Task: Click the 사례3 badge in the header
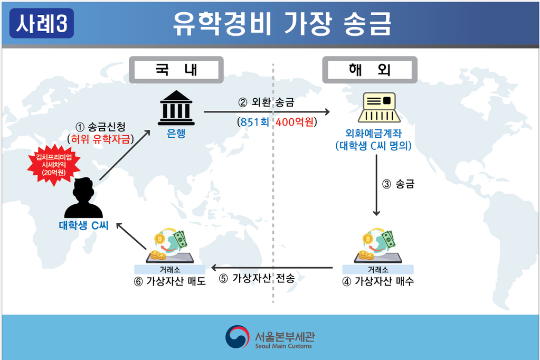[42, 23]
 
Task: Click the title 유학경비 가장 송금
[282, 23]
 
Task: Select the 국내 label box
[176, 70]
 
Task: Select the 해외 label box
[370, 70]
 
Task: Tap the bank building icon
[176, 108]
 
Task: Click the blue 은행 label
[176, 133]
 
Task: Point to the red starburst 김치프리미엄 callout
[54, 165]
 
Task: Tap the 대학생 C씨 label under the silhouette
[84, 225]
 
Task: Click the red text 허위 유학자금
[101, 139]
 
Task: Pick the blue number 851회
[255, 122]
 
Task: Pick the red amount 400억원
[295, 122]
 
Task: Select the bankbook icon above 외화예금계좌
[379, 107]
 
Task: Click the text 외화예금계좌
[374, 133]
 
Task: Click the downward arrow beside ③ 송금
[376, 185]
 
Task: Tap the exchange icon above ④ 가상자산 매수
[378, 245]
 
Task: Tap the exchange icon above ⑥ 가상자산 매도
[170, 245]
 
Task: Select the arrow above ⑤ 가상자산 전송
[272, 268]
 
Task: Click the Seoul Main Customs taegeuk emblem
[238, 337]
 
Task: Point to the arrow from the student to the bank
[125, 155]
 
